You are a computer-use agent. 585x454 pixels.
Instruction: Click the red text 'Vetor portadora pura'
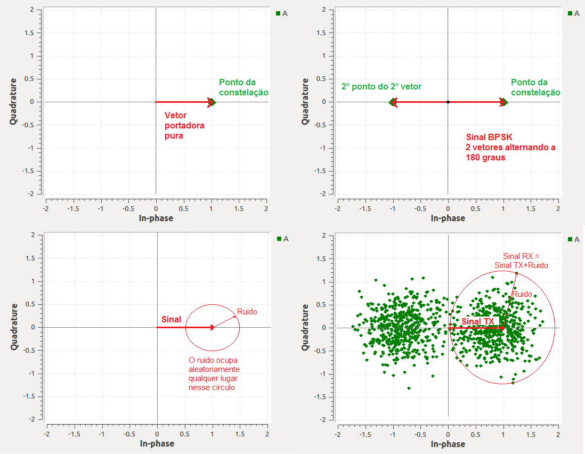tap(184, 125)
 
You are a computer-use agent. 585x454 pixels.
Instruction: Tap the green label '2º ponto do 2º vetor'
tap(381, 86)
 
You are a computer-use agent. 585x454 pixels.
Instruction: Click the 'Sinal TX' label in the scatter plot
tap(478, 321)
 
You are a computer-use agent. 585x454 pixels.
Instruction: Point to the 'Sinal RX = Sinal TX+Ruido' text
tap(521, 261)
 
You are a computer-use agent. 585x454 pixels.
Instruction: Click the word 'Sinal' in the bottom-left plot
tap(171, 319)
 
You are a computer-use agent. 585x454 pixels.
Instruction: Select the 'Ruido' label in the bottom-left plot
tap(247, 311)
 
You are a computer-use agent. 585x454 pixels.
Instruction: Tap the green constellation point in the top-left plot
tap(212, 102)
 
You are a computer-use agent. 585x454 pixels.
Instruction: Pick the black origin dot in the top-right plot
tap(448, 102)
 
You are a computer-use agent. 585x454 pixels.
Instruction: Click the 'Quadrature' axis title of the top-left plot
tap(13, 101)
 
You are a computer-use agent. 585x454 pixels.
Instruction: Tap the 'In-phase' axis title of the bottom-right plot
tap(448, 444)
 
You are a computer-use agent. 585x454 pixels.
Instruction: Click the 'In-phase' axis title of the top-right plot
tap(448, 218)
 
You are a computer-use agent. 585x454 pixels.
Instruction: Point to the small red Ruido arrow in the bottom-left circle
tap(226, 321)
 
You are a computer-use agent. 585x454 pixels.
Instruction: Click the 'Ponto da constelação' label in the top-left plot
tap(243, 87)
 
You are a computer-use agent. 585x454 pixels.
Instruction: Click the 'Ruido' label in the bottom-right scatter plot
tap(522, 294)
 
